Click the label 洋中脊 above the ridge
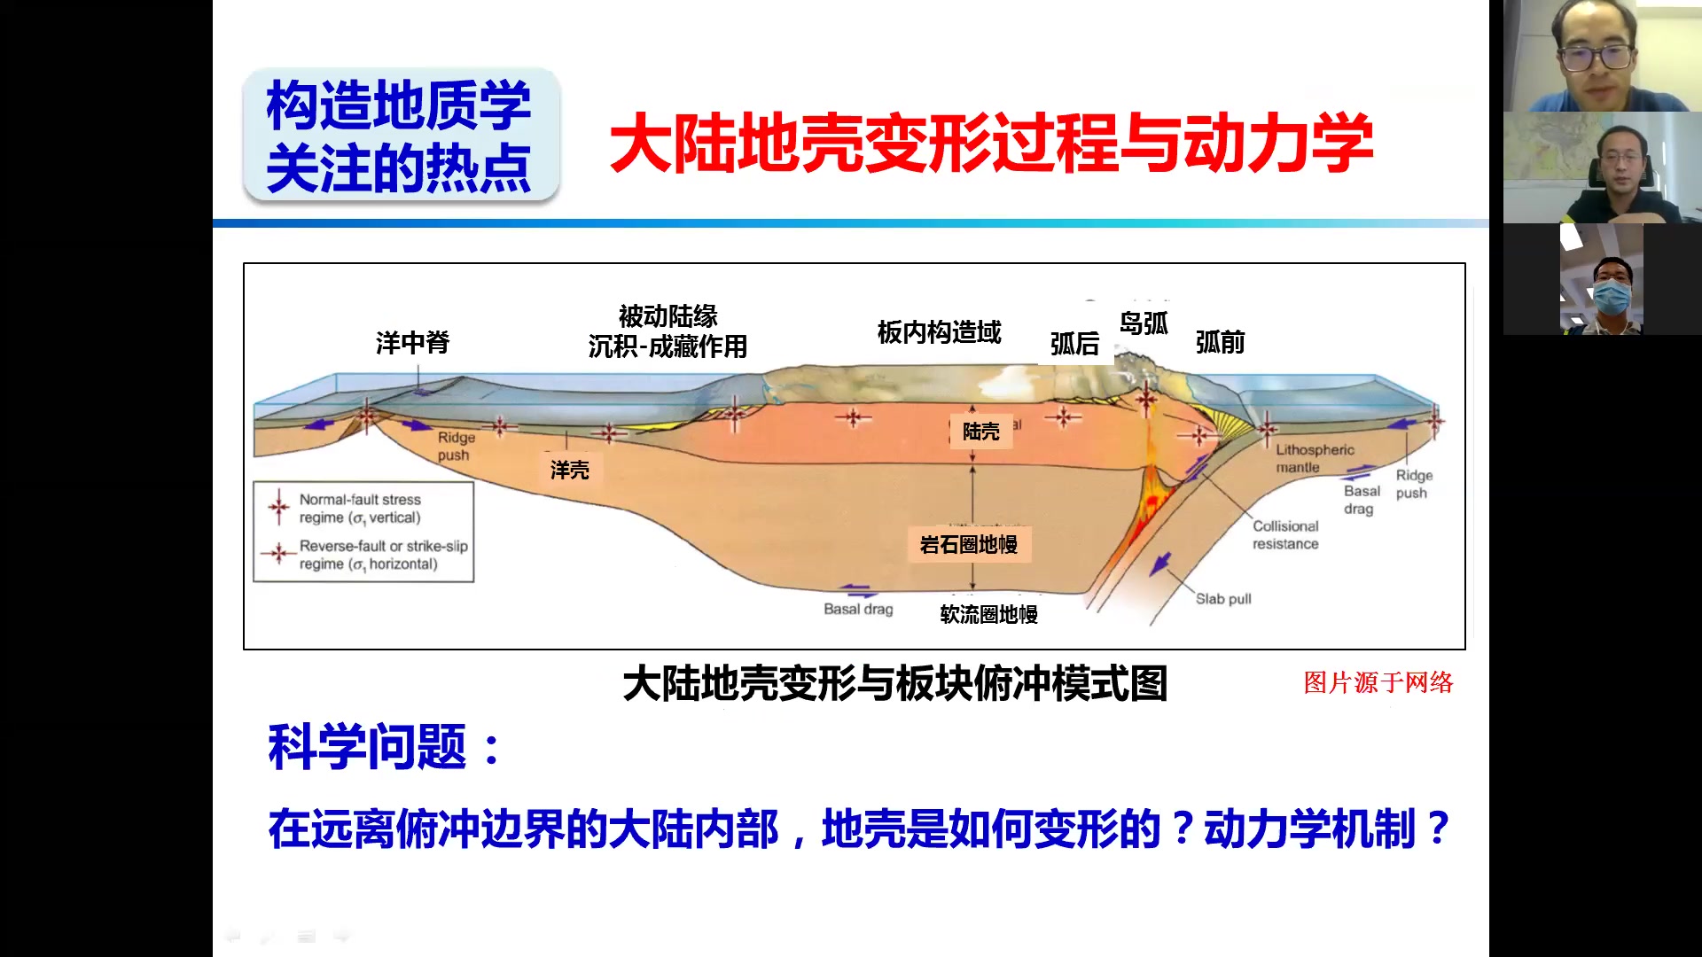click(412, 343)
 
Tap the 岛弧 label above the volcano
click(1144, 324)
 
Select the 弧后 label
click(1074, 344)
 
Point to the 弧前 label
click(1220, 343)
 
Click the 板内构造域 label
click(939, 332)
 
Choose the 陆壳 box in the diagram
click(980, 432)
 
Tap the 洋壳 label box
click(570, 470)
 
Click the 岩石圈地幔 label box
click(969, 544)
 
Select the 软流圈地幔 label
click(988, 614)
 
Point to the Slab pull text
click(1223, 599)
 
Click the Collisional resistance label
click(1285, 535)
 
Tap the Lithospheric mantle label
click(1315, 458)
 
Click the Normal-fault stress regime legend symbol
click(279, 508)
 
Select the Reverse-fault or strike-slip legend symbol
click(278, 554)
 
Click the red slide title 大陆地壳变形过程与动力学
click(991, 144)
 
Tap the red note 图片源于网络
click(1378, 682)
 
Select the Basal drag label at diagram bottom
click(858, 610)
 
